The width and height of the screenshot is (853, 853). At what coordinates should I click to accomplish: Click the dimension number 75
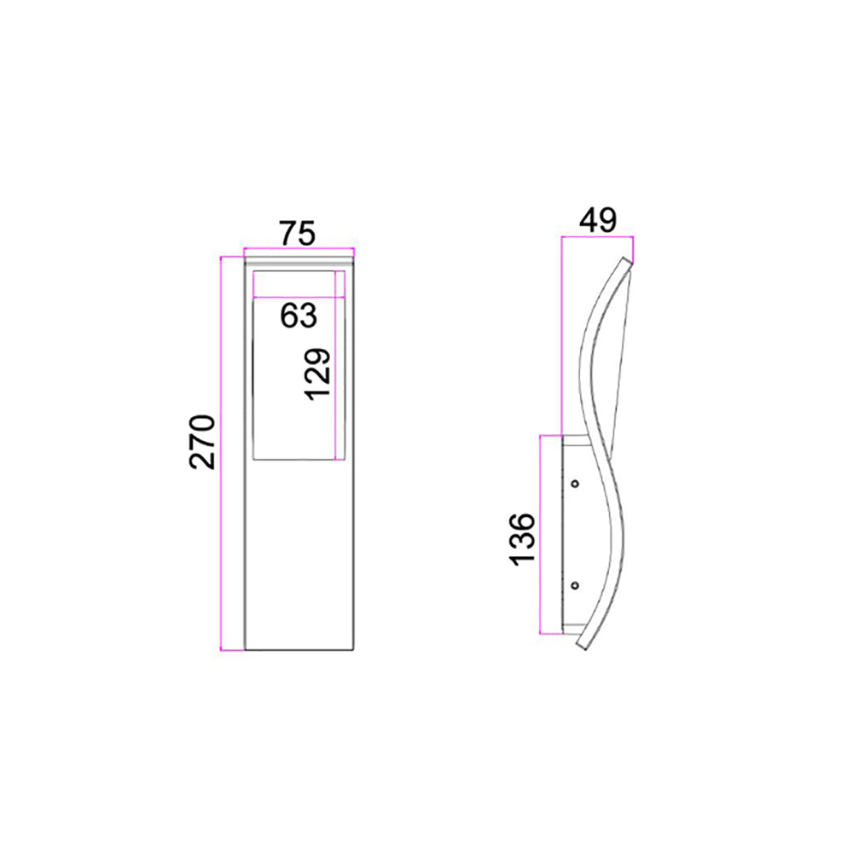pyautogui.click(x=297, y=232)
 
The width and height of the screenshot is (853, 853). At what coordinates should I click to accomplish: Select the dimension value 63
pyautogui.click(x=299, y=316)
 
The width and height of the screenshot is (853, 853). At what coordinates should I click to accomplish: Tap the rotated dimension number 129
pyautogui.click(x=318, y=374)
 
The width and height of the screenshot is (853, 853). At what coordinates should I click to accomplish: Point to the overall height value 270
pyautogui.click(x=201, y=442)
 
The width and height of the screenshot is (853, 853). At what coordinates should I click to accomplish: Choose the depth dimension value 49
pyautogui.click(x=597, y=220)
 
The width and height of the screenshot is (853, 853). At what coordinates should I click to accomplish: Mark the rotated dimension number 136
pyautogui.click(x=522, y=537)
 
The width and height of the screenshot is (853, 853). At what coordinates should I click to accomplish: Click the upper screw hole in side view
pyautogui.click(x=574, y=484)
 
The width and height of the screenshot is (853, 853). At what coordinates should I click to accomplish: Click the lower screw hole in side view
pyautogui.click(x=574, y=585)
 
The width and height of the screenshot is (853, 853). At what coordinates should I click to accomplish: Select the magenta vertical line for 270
pyautogui.click(x=221, y=452)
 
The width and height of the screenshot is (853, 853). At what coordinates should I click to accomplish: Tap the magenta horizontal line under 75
pyautogui.click(x=298, y=249)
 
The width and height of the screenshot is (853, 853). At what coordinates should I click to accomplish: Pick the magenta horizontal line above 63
pyautogui.click(x=299, y=297)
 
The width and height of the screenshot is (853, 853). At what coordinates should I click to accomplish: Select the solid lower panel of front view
pyautogui.click(x=298, y=554)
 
